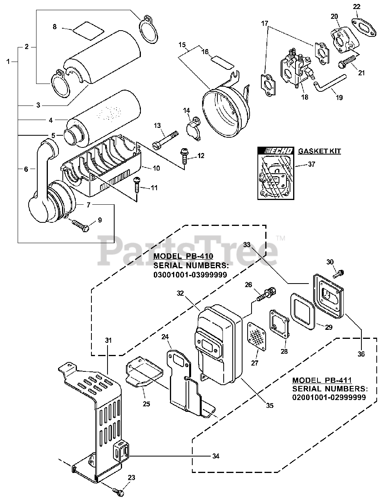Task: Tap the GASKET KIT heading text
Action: (x=320, y=151)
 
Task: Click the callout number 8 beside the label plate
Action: (x=55, y=27)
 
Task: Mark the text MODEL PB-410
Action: (x=183, y=256)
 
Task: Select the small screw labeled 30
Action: (x=339, y=273)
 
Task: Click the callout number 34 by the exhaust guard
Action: (x=215, y=456)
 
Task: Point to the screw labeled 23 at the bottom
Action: (x=118, y=489)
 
